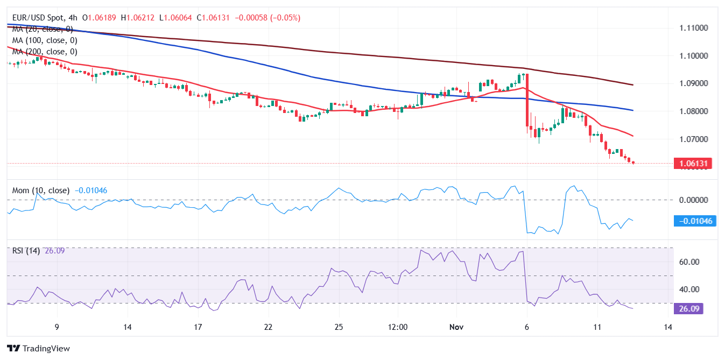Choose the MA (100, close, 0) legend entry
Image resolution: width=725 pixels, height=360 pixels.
click(x=45, y=40)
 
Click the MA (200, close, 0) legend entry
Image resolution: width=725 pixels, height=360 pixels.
click(x=45, y=52)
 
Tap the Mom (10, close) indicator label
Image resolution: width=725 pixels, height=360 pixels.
click(x=41, y=190)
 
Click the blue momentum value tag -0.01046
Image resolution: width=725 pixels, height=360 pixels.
click(x=694, y=221)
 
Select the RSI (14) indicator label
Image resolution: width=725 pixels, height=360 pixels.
click(x=26, y=250)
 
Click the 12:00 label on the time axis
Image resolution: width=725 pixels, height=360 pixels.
click(x=398, y=327)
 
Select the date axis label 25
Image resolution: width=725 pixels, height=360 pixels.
click(x=339, y=327)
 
